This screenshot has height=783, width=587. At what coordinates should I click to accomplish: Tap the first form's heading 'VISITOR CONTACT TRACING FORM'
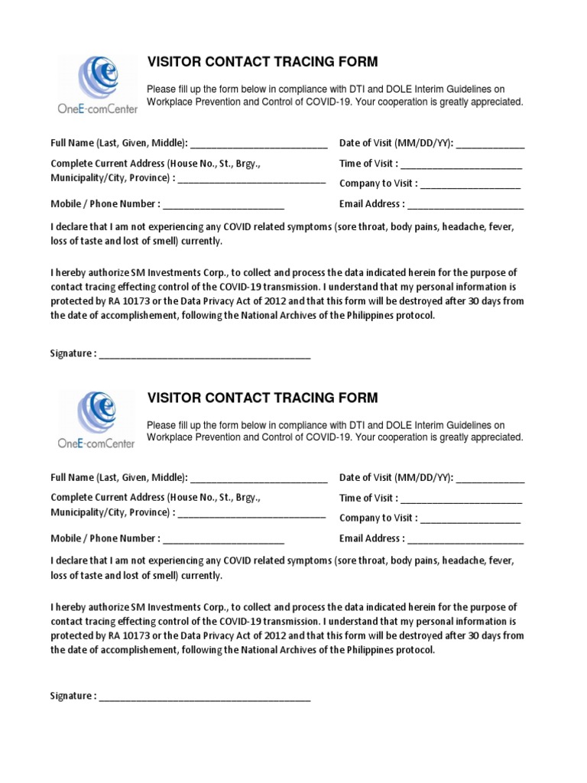262,62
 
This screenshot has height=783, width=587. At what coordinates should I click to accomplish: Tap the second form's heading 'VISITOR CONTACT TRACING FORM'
262,398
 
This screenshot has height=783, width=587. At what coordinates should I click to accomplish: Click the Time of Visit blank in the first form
461,165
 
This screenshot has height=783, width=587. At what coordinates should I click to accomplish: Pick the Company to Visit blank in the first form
470,185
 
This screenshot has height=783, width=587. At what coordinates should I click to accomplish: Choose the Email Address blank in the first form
465,206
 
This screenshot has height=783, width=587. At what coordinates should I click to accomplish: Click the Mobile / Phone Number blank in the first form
223,206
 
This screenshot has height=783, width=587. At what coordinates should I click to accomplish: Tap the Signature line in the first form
205,356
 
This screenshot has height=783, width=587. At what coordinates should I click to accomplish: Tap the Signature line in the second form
205,698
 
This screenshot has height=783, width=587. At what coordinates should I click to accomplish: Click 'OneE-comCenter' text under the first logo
98,109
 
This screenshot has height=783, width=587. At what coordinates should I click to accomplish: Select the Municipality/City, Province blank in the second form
251,514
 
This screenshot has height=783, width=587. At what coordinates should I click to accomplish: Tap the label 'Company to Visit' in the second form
378,518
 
